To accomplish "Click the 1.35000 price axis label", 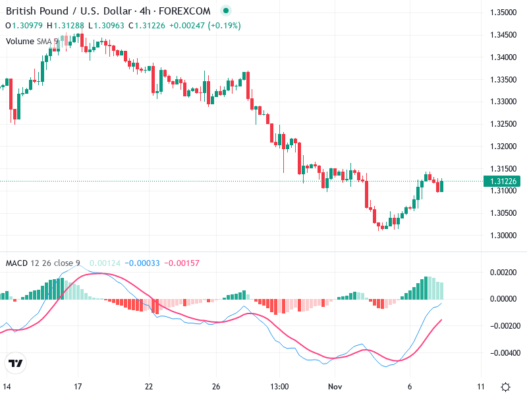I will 503,13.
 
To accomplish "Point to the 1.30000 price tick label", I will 503,236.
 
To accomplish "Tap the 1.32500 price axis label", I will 503,124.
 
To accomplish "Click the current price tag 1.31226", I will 503,181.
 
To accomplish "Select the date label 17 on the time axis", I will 78,386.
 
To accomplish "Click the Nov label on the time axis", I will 337,386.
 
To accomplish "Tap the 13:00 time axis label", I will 280,386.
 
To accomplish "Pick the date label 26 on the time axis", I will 216,386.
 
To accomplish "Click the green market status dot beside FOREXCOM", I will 226,11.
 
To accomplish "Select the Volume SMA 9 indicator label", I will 32,41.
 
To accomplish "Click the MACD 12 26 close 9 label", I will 43,263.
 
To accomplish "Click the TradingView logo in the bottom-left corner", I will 16,363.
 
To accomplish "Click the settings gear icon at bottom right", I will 505,387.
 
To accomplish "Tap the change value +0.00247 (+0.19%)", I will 205,26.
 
